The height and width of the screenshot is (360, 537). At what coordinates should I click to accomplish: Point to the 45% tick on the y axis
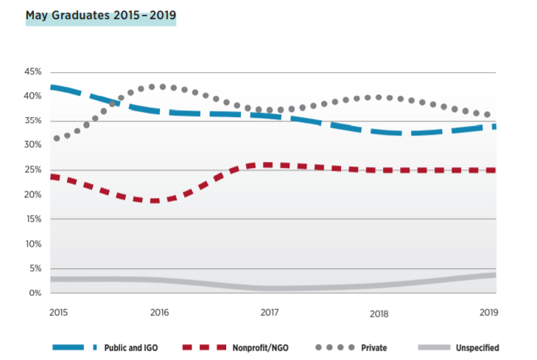point(32,71)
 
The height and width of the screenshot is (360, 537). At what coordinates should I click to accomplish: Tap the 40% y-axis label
point(32,96)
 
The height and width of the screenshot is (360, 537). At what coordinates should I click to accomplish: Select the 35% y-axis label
point(32,121)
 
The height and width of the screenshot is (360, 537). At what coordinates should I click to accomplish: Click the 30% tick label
point(32,145)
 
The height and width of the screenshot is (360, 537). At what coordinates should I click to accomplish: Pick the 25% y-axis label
point(32,170)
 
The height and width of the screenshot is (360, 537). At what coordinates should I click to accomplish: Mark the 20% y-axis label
point(32,194)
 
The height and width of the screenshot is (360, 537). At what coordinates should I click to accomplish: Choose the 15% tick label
point(32,219)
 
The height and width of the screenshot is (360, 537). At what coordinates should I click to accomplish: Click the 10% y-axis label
point(32,244)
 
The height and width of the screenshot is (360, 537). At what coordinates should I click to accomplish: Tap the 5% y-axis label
point(35,269)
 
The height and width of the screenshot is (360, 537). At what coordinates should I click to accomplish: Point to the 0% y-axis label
point(35,293)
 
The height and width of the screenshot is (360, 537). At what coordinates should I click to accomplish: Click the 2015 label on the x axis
point(58,312)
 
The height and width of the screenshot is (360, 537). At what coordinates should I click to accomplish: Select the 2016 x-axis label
point(159,312)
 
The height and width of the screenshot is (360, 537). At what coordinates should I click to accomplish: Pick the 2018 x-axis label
point(378,313)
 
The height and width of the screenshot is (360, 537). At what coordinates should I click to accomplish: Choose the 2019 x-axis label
point(488,312)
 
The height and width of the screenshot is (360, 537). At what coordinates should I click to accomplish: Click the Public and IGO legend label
point(131,347)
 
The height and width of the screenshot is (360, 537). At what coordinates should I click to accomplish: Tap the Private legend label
point(374,347)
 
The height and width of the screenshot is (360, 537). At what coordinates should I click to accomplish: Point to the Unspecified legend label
point(477,347)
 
